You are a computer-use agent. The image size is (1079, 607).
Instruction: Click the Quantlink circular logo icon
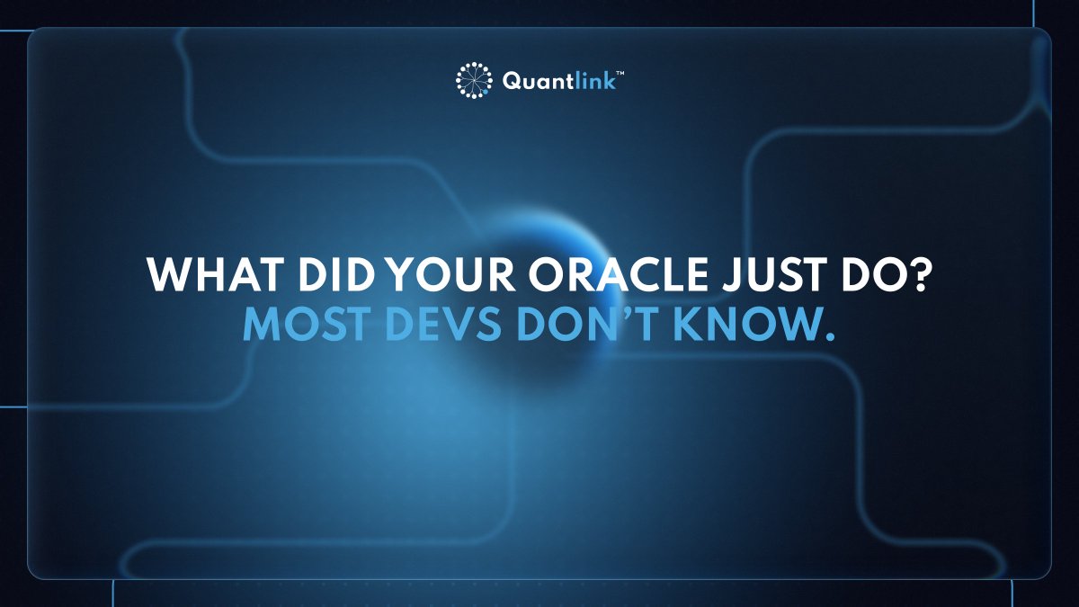pos(474,79)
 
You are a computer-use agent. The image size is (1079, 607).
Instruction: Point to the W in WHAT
pos(168,276)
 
